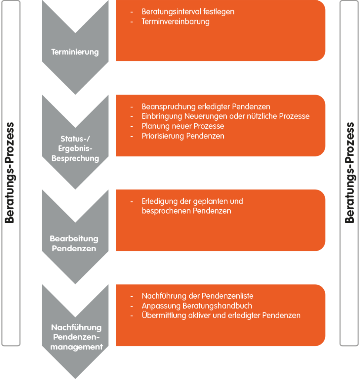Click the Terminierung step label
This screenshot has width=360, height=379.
pyautogui.click(x=75, y=52)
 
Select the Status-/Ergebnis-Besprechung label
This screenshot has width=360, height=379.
pyautogui.click(x=75, y=149)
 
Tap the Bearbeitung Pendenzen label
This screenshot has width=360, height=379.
pyautogui.click(x=74, y=244)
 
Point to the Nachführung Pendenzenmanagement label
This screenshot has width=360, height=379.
pyautogui.click(x=76, y=337)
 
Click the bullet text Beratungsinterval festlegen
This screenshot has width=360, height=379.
pyautogui.click(x=188, y=11)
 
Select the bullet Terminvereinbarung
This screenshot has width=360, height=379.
pyautogui.click(x=176, y=21)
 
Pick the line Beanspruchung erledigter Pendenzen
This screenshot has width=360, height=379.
pyautogui.click(x=206, y=107)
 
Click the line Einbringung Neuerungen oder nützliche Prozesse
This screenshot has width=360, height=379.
pyautogui.click(x=226, y=116)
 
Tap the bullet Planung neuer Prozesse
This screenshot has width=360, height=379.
pyautogui.click(x=183, y=126)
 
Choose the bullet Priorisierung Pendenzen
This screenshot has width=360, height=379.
pyautogui.click(x=183, y=136)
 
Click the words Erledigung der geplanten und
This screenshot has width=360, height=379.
pyautogui.click(x=192, y=201)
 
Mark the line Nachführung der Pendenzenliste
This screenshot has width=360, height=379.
pyautogui.click(x=197, y=296)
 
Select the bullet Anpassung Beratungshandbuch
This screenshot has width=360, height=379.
pyautogui.click(x=197, y=306)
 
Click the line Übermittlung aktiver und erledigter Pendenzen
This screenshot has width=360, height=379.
pyautogui.click(x=221, y=315)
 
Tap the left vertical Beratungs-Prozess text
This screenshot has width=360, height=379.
pyautogui.click(x=10, y=172)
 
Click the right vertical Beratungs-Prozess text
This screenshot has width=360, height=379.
pyautogui.click(x=350, y=172)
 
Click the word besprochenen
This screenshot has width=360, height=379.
pyautogui.click(x=166, y=211)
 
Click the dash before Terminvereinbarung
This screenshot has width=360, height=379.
pyautogui.click(x=131, y=22)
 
